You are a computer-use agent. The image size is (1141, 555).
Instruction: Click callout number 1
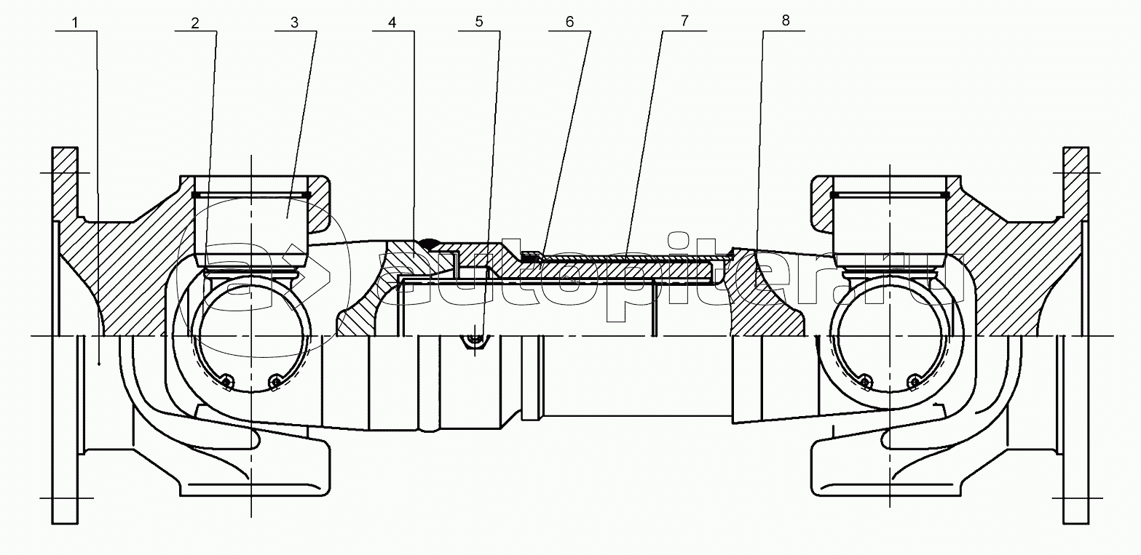[76, 23]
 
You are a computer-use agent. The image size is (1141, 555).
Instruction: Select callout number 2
[195, 23]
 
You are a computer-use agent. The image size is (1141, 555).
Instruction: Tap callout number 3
[294, 23]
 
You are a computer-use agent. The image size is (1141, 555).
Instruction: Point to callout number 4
[392, 23]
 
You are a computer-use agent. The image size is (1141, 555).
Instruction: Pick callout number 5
[479, 22]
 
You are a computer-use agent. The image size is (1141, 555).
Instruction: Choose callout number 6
[569, 22]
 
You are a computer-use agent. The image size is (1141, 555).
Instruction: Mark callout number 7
[684, 21]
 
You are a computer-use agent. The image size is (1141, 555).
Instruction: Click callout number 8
[786, 21]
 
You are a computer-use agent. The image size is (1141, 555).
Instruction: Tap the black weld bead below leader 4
[431, 243]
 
